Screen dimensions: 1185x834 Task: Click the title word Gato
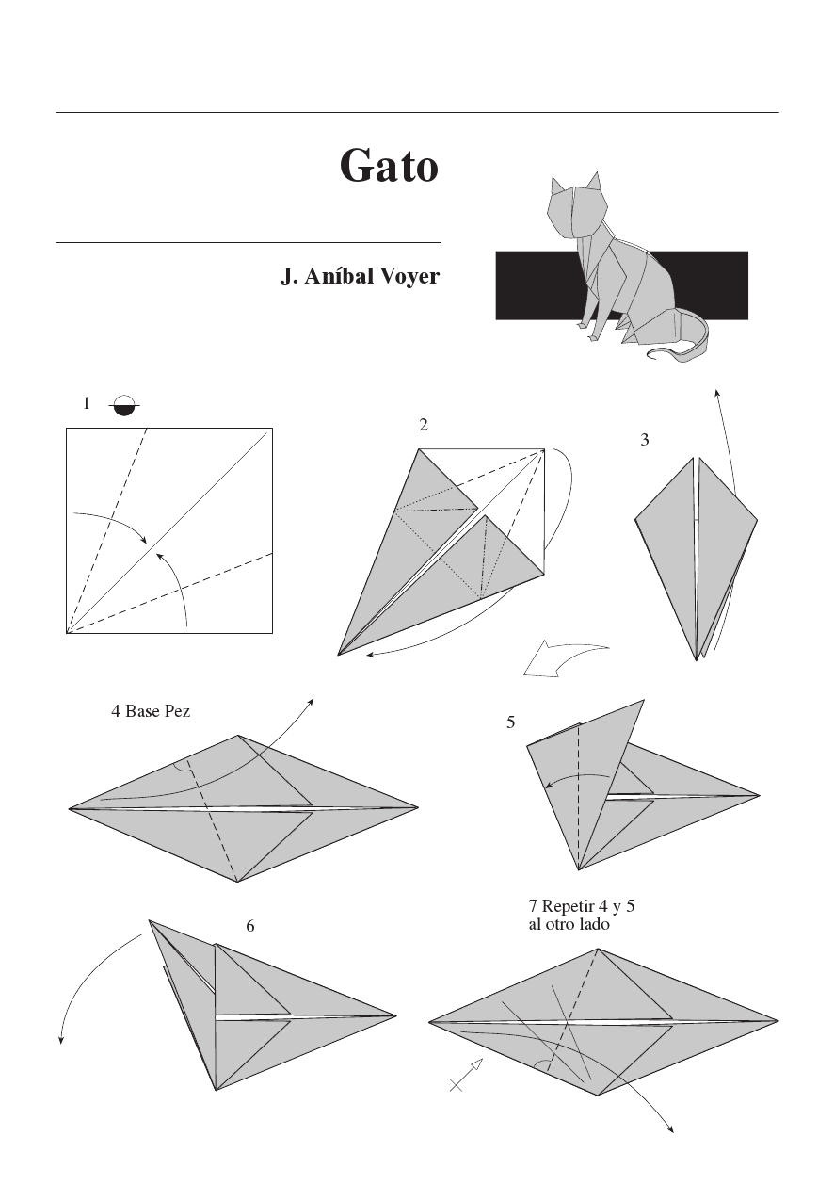pos(389,166)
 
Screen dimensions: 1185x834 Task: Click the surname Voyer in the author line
pos(407,277)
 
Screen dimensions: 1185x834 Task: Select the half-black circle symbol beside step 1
pos(123,405)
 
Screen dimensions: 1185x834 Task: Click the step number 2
pos(424,425)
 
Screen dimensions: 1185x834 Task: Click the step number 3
pos(645,439)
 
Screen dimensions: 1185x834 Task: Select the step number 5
pos(510,722)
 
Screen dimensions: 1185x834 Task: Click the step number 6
pos(250,926)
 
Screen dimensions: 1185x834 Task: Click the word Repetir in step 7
pos(569,907)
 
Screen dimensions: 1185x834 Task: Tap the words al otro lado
pos(569,925)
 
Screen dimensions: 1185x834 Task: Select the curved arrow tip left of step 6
pos(61,1039)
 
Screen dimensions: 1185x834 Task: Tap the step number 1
pos(86,403)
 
